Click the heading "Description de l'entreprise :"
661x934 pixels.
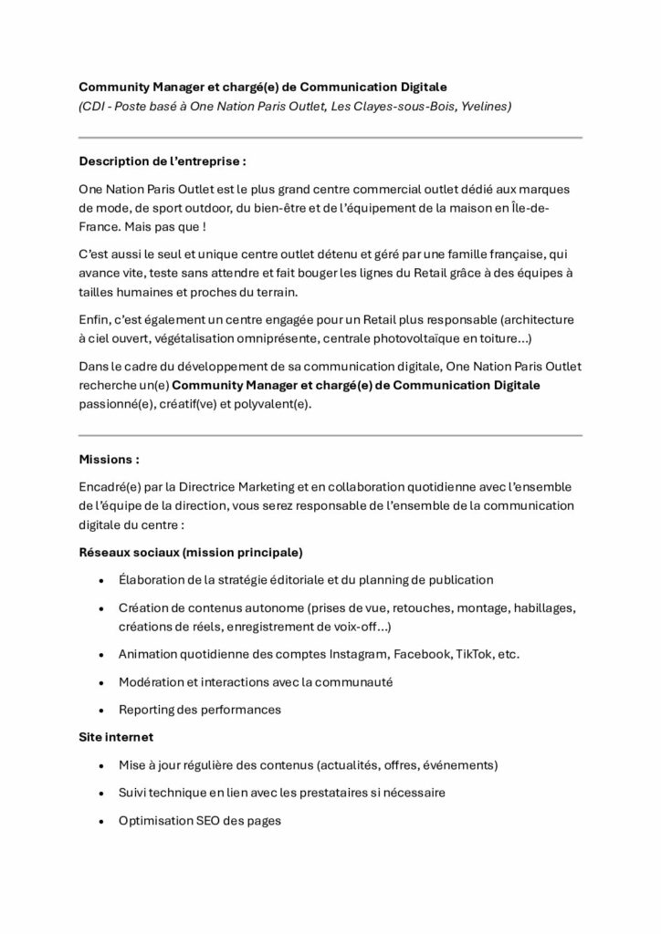pyautogui.click(x=163, y=161)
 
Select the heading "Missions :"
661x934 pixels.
pyautogui.click(x=110, y=460)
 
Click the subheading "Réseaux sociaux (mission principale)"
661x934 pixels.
pyautogui.click(x=191, y=553)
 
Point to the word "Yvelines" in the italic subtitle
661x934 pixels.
pyautogui.click(x=486, y=107)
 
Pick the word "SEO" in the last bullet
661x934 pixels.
pyautogui.click(x=210, y=820)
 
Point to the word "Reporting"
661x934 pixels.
pyautogui.click(x=148, y=710)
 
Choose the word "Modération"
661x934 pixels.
pyautogui.click(x=152, y=682)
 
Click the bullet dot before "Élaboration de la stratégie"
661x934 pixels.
pyautogui.click(x=99, y=580)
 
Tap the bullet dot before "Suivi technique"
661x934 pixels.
pyautogui.click(x=99, y=793)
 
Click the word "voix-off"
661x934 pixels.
pyautogui.click(x=368, y=628)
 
